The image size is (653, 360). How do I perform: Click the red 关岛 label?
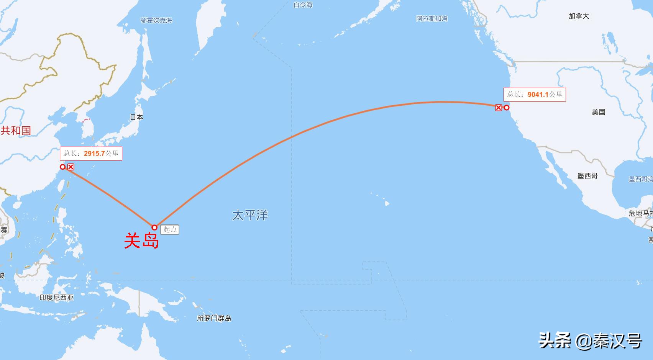tap(141, 241)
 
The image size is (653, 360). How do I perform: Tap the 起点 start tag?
tap(170, 229)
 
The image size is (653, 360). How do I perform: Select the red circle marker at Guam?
tap(154, 227)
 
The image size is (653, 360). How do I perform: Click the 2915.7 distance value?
tap(94, 154)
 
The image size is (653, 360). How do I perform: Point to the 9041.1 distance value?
tap(538, 95)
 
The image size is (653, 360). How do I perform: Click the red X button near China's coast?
tap(71, 167)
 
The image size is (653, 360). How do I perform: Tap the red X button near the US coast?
tap(498, 108)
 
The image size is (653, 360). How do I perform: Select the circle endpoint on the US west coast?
tap(507, 108)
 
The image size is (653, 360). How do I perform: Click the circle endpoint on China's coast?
tap(63, 167)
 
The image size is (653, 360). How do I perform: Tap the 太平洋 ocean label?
tap(250, 215)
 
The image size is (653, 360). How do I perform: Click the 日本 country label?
tap(136, 117)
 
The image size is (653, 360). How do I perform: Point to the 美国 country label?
tap(598, 112)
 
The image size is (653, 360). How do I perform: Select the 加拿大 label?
tap(579, 16)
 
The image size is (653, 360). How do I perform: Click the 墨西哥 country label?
tap(587, 176)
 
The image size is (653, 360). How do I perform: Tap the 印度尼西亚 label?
tap(56, 298)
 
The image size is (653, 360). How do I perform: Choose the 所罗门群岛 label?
tap(214, 318)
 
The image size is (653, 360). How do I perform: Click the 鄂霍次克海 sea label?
tap(156, 20)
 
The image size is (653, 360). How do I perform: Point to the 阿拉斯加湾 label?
tap(432, 18)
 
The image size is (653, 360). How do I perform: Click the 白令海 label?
tap(303, 5)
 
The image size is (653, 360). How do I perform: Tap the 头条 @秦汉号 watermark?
tap(590, 340)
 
